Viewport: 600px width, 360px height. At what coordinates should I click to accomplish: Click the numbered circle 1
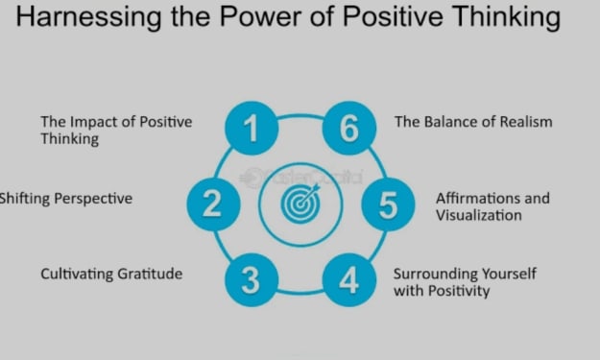pyautogui.click(x=252, y=129)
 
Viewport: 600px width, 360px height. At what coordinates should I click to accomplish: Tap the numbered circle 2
pyautogui.click(x=213, y=204)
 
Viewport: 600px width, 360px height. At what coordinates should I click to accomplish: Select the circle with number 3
pyautogui.click(x=252, y=280)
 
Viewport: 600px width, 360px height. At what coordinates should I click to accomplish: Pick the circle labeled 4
pyautogui.click(x=349, y=280)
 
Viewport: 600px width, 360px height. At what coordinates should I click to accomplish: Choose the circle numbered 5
pyautogui.click(x=388, y=204)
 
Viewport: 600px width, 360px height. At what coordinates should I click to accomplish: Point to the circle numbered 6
pyautogui.click(x=349, y=129)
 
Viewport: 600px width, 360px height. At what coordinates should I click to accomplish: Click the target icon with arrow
pyautogui.click(x=300, y=204)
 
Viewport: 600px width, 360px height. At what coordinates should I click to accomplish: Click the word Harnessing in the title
pyautogui.click(x=88, y=17)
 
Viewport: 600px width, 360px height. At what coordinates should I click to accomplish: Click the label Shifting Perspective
pyautogui.click(x=66, y=199)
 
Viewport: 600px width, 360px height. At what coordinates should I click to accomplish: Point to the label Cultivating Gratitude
pyautogui.click(x=111, y=274)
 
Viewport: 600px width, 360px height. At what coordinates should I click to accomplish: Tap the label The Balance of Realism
pyautogui.click(x=473, y=122)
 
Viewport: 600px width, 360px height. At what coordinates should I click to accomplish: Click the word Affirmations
pyautogui.click(x=478, y=198)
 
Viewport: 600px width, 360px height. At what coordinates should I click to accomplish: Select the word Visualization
pyautogui.click(x=479, y=215)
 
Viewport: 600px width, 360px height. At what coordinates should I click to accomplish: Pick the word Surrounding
pyautogui.click(x=435, y=275)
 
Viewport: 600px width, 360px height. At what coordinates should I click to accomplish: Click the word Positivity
pyautogui.click(x=459, y=291)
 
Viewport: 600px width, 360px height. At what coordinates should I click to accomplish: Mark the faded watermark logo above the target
pyautogui.click(x=301, y=178)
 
